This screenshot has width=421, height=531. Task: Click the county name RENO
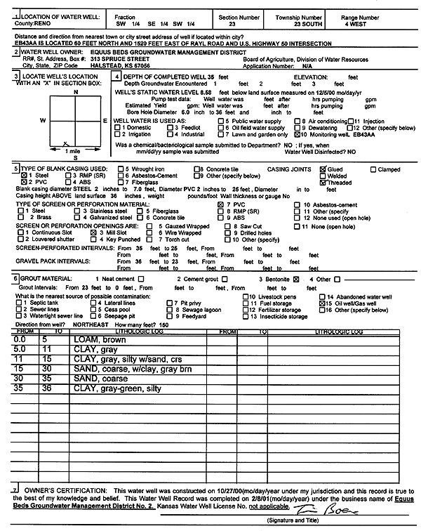tap(39, 22)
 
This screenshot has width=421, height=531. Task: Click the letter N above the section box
tap(75, 92)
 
